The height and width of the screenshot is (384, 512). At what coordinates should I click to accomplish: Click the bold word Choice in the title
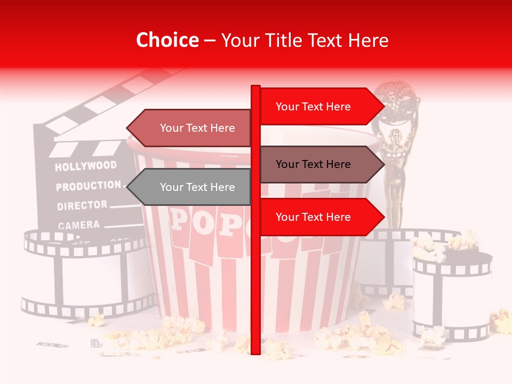167,40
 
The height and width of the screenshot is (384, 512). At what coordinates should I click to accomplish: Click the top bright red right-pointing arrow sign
320,107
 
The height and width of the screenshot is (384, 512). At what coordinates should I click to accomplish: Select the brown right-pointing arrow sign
320,164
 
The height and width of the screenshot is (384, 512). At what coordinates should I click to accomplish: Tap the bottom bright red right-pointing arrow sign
320,217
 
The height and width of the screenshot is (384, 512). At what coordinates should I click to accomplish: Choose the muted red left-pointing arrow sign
189,128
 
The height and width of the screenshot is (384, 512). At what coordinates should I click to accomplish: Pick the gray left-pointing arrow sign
189,187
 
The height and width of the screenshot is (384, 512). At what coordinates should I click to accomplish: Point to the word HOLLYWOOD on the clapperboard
85,166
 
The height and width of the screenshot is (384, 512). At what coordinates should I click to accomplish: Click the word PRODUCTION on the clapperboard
88,186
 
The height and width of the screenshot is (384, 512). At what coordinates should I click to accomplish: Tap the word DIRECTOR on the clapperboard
82,205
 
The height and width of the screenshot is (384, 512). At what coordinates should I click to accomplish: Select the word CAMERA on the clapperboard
78,225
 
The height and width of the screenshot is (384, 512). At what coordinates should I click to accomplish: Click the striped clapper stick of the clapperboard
107,101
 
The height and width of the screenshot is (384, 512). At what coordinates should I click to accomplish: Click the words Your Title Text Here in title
305,40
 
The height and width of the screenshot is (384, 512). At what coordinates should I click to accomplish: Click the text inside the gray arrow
197,187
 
